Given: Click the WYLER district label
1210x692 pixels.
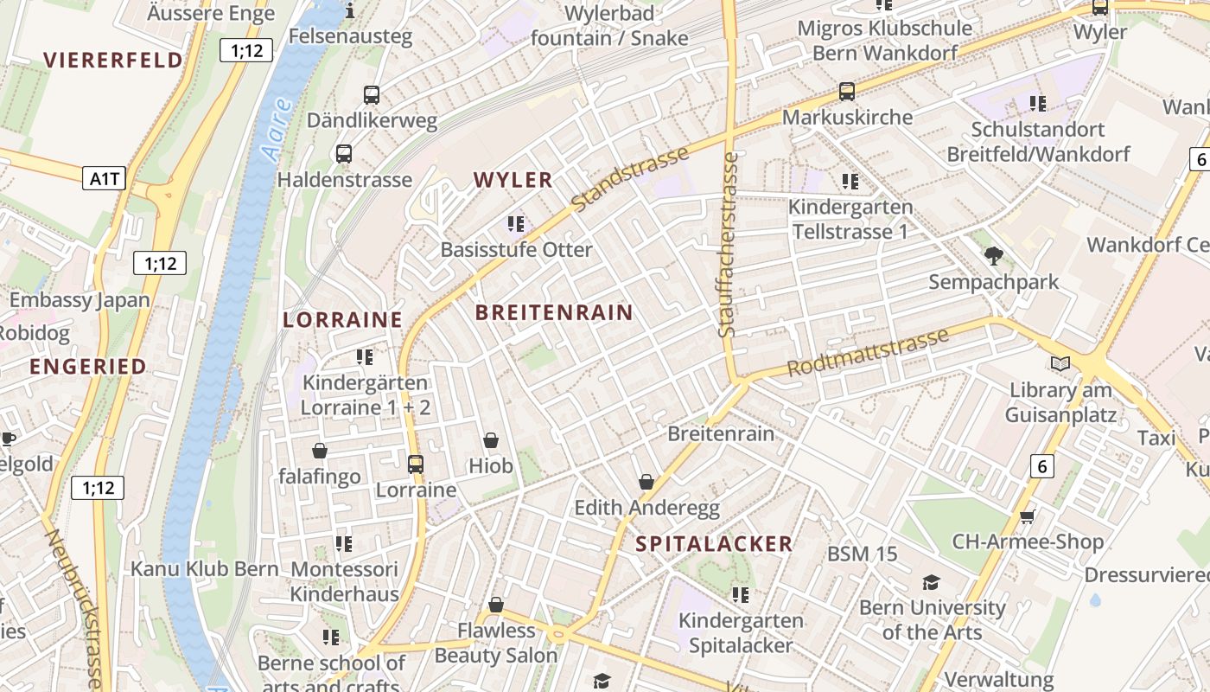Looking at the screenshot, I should [513, 180].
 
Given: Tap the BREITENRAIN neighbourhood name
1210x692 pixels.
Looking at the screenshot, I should [554, 312].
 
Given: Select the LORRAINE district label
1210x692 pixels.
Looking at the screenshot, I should [343, 319].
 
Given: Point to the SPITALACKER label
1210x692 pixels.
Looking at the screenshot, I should [714, 543].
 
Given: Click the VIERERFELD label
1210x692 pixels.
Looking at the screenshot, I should [113, 60].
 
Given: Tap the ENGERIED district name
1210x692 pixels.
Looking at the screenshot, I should [88, 366].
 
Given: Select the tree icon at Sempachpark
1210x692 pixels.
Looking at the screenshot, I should [993, 255].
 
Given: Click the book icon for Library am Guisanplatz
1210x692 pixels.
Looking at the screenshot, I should [1060, 364].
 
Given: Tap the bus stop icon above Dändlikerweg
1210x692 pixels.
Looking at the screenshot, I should [372, 95].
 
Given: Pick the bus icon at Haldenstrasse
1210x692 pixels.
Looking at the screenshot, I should [344, 154].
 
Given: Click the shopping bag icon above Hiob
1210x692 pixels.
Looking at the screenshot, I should [491, 440].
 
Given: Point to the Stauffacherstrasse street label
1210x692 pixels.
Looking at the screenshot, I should [729, 245].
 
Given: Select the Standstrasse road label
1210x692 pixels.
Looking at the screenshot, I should [631, 179].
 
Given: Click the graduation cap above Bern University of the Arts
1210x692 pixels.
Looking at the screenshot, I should [931, 582].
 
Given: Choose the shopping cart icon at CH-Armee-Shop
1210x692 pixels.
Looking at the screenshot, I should [1027, 517].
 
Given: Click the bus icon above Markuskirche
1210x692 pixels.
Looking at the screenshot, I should [847, 91].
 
